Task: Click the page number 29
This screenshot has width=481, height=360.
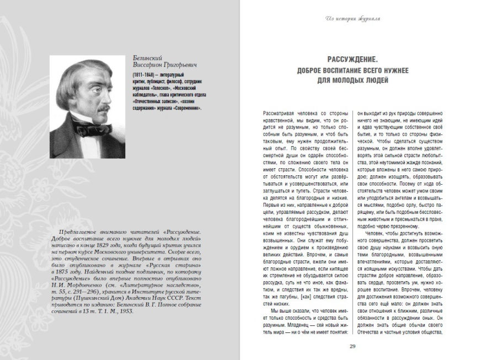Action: [352, 346]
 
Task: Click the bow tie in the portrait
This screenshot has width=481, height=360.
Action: [87, 131]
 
